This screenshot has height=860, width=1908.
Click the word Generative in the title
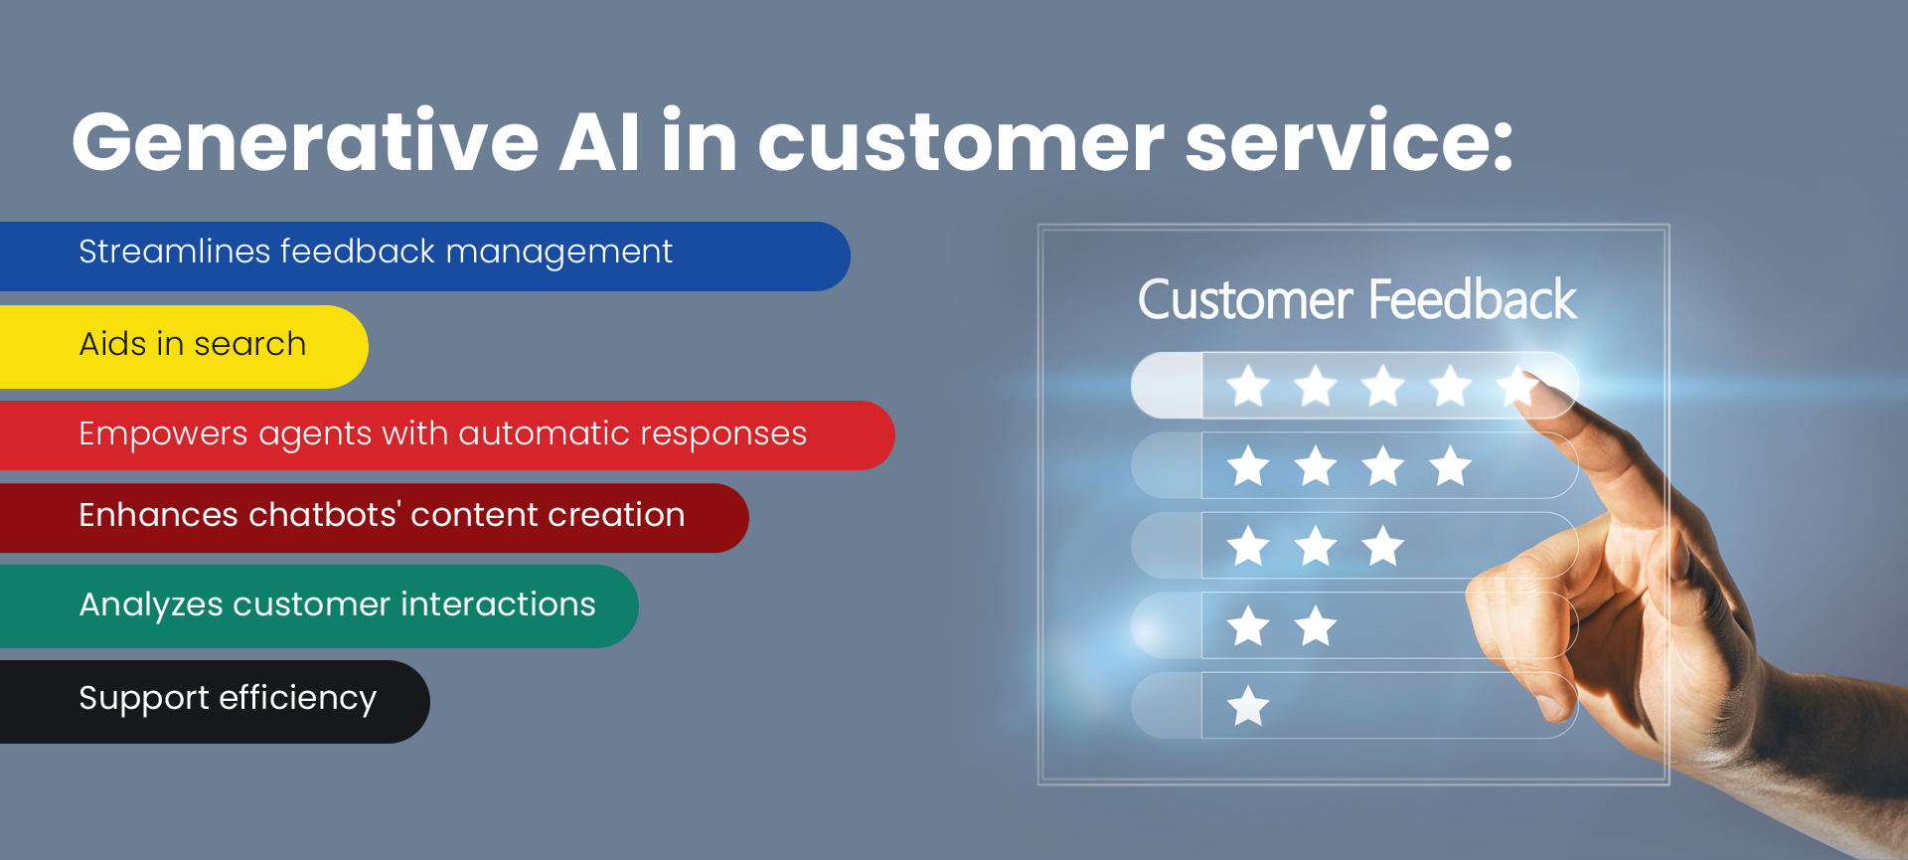(x=305, y=141)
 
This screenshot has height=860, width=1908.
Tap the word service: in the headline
(x=1350, y=141)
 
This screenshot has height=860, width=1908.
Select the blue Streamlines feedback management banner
(x=424, y=257)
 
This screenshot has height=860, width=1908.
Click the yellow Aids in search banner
(x=184, y=347)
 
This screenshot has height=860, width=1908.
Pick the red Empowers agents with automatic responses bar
(x=447, y=435)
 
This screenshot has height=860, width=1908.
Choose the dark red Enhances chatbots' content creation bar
(x=374, y=518)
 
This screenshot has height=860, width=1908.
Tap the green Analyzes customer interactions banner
(x=319, y=606)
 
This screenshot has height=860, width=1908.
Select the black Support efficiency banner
(x=215, y=702)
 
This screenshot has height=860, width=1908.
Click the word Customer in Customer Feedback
(x=1245, y=300)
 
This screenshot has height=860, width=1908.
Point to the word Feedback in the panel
(x=1473, y=300)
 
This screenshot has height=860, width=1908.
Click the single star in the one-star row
(x=1248, y=706)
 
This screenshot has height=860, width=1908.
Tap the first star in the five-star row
(x=1248, y=386)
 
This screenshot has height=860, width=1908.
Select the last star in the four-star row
(x=1451, y=465)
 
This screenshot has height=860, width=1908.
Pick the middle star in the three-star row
(x=1316, y=546)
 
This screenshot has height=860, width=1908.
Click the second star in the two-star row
(x=1316, y=626)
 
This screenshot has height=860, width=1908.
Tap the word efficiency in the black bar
(x=298, y=699)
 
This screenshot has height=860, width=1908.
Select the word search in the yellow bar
(x=250, y=344)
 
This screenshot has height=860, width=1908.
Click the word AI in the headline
(x=600, y=141)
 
